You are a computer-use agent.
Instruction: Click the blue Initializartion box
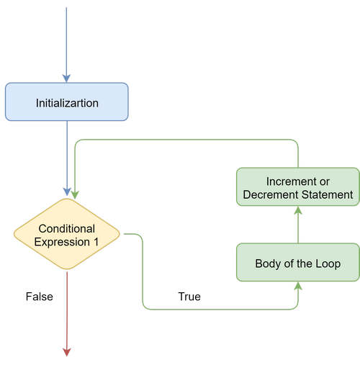point(67,102)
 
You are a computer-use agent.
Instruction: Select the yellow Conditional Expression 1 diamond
point(67,235)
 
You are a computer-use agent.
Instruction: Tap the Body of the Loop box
point(297,263)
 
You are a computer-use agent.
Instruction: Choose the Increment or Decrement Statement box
point(297,187)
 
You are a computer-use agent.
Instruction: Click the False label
point(40,296)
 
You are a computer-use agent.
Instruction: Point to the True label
point(189,296)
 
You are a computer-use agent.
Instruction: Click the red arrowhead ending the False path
point(67,351)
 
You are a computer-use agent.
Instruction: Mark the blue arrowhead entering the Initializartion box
point(67,78)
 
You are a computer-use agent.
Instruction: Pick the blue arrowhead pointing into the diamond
point(67,193)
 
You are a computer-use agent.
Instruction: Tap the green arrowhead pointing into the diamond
point(74,194)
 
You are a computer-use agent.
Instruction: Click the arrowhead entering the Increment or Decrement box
point(297,211)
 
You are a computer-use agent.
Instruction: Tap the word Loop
point(328,263)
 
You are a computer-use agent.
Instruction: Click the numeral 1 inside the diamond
point(96,242)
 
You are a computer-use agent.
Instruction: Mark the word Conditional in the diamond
point(67,228)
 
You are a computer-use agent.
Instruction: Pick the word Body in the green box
point(268,263)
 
